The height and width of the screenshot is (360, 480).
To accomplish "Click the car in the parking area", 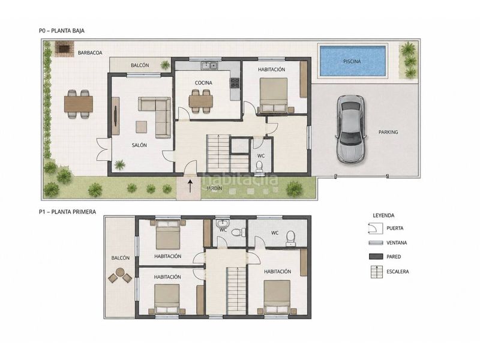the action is (x=350, y=128).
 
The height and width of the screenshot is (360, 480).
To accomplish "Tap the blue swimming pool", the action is (x=352, y=61).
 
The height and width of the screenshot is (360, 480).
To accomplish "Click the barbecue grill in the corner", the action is (x=64, y=49).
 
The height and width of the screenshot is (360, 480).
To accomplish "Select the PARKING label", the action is (x=388, y=132).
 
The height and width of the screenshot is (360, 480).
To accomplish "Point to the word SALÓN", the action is (x=139, y=145).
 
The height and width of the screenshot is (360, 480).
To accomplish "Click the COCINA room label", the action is (x=203, y=83).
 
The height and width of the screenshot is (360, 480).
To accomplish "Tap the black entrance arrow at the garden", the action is (x=190, y=186).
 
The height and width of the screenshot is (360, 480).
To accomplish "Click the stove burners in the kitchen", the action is (x=235, y=83).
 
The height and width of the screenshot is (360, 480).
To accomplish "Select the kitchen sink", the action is (x=209, y=65).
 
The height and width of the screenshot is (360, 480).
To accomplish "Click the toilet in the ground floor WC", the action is (x=260, y=166).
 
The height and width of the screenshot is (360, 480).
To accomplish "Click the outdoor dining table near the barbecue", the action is (x=79, y=104).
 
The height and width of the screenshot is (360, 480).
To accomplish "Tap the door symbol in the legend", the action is (x=376, y=229).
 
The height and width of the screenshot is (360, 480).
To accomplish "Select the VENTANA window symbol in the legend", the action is (x=376, y=243).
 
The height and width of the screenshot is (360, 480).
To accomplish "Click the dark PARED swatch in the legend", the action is (x=376, y=257).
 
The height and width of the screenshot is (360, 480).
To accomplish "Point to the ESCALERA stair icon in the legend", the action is (x=377, y=272).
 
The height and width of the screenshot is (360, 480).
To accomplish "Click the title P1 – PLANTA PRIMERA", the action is (x=67, y=212).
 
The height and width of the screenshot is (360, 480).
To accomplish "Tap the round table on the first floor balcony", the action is (x=120, y=272).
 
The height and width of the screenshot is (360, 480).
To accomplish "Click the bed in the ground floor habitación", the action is (x=274, y=95).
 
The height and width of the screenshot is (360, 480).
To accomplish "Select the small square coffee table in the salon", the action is (x=141, y=127).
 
